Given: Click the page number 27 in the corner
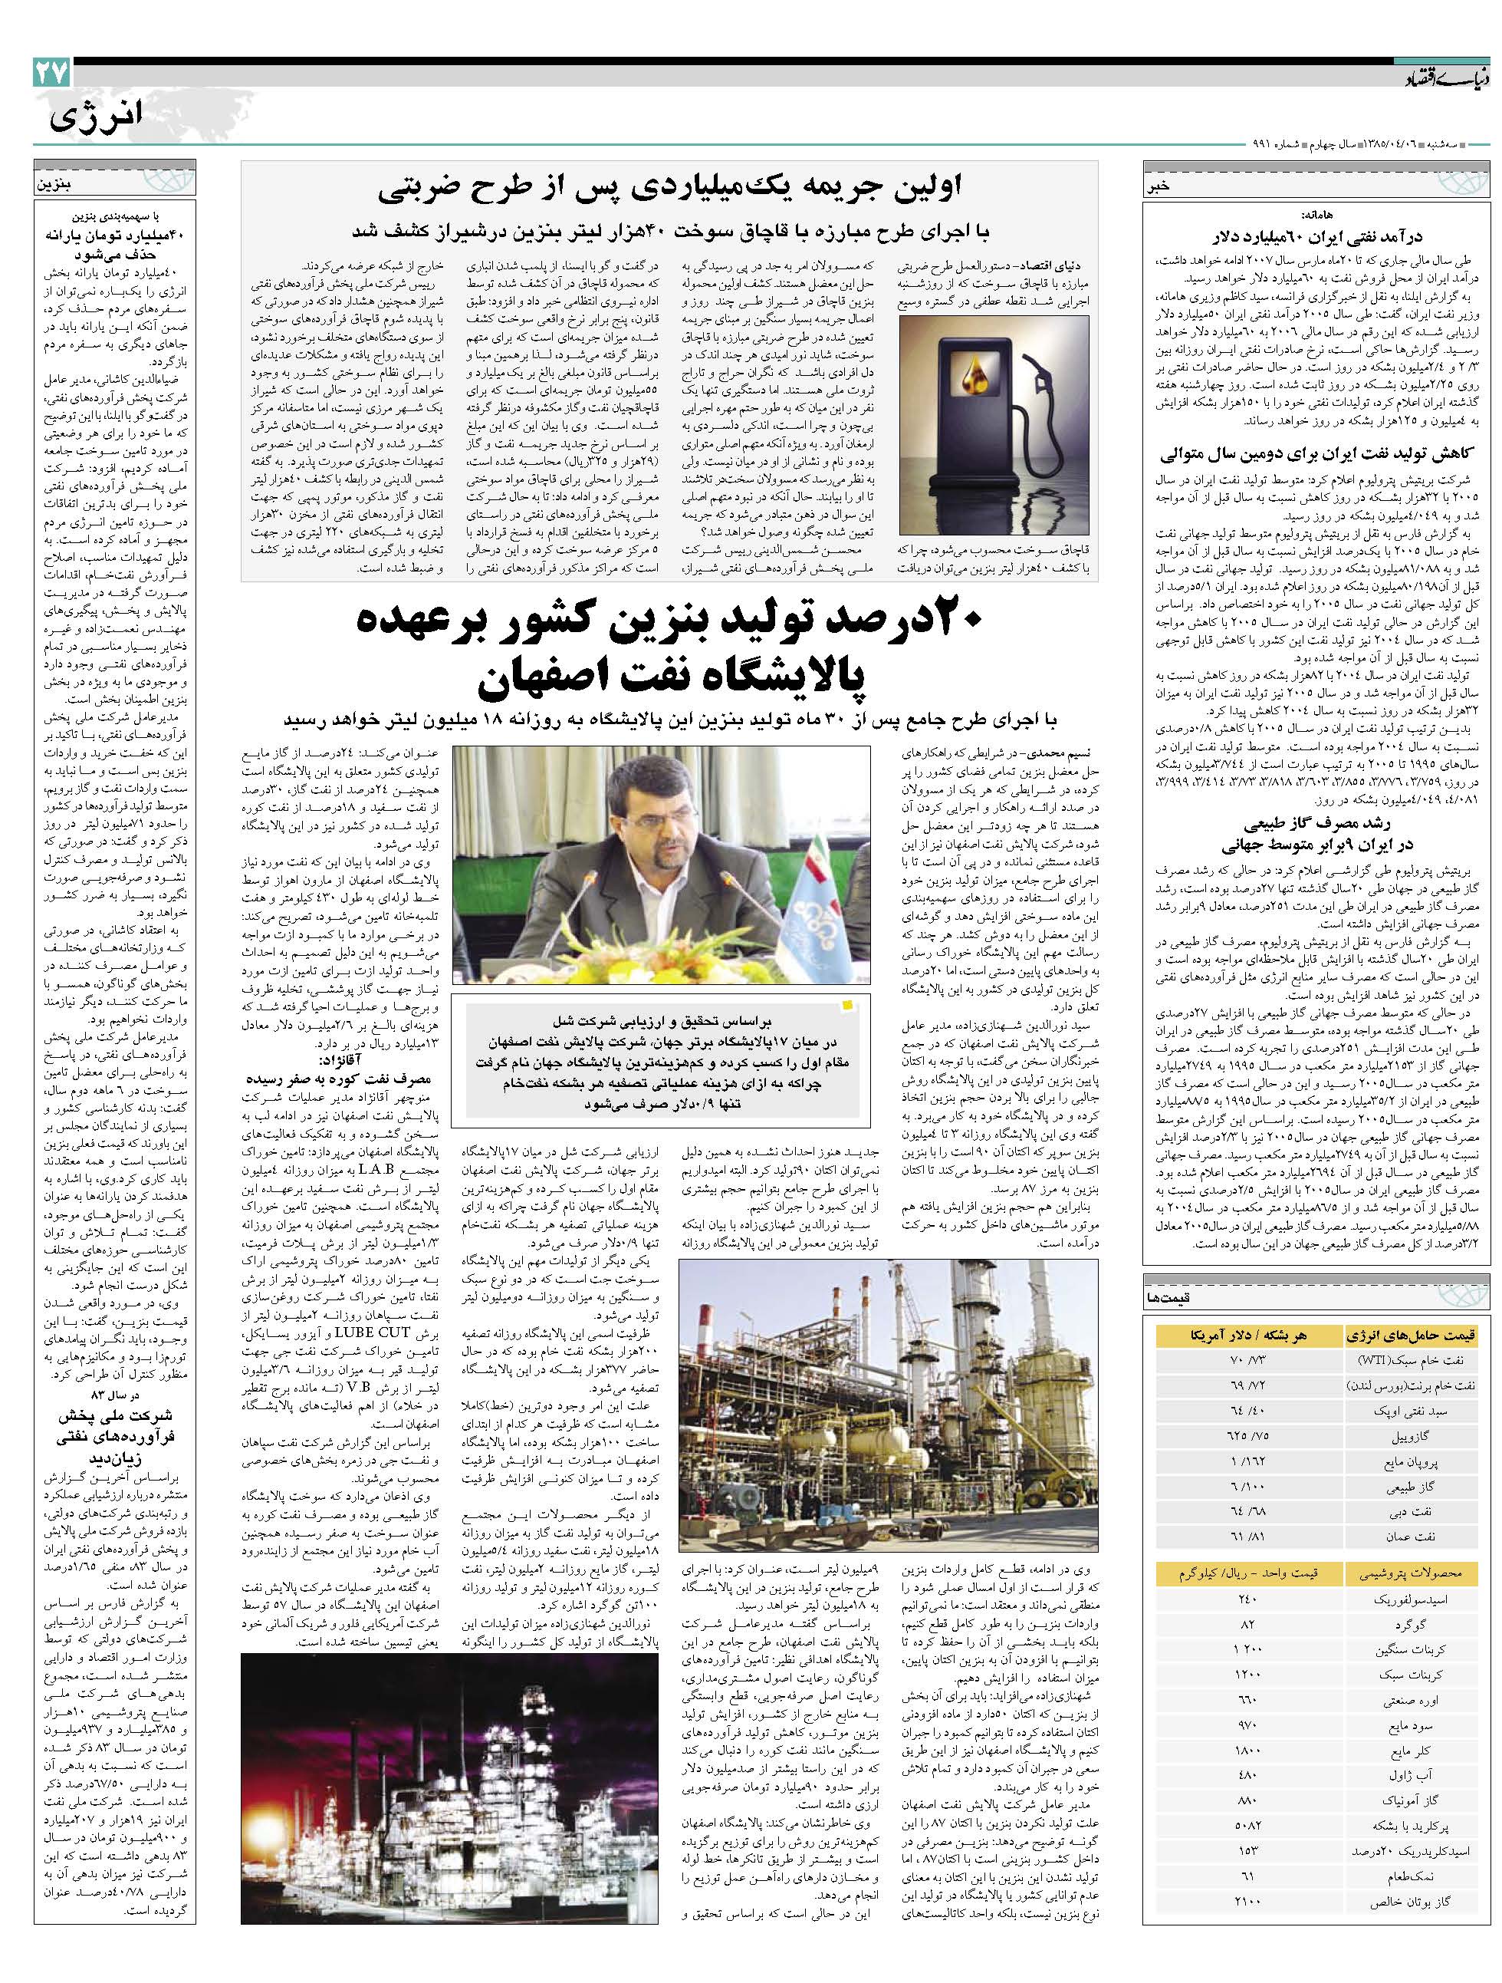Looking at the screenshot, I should [x=52, y=74].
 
